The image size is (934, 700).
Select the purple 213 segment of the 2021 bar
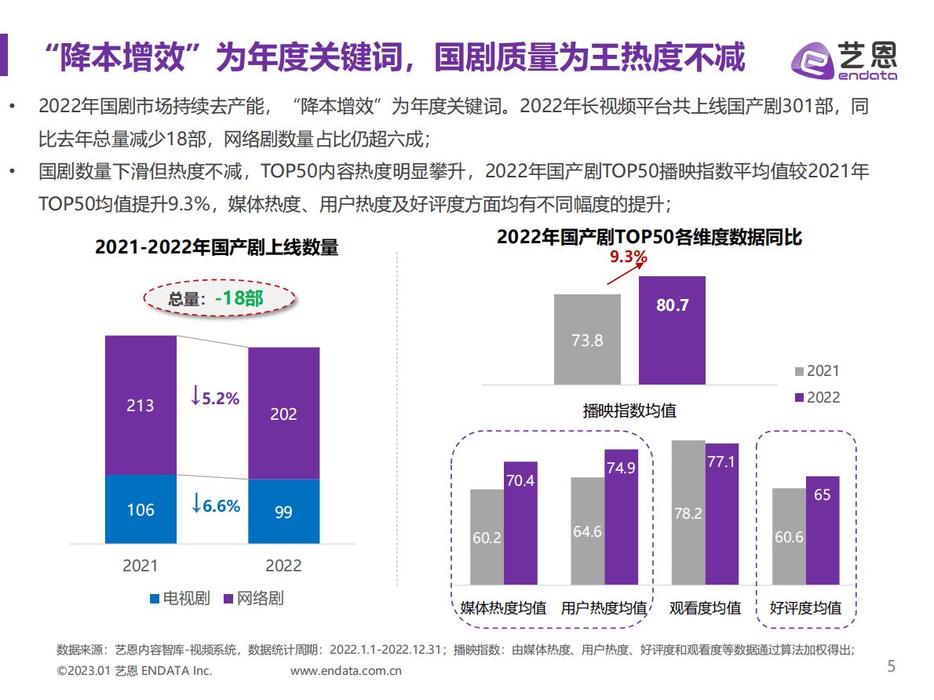140,405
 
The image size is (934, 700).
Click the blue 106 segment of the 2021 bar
140,509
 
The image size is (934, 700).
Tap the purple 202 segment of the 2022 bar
283,413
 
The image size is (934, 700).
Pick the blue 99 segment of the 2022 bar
283,512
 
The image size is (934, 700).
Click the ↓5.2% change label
214,398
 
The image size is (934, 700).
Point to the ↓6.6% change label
215,506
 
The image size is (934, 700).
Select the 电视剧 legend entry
180,599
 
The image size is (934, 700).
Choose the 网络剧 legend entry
253,599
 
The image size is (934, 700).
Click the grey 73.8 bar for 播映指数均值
587,340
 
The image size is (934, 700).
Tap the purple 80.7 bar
672,330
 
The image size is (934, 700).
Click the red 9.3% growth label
628,257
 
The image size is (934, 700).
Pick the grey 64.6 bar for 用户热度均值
587,530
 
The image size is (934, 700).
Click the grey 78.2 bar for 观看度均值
688,512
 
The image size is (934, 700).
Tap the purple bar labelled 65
822,530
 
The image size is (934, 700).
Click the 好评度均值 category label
805,608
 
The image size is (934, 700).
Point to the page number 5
891,667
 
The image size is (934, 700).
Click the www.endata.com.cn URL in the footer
346,671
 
